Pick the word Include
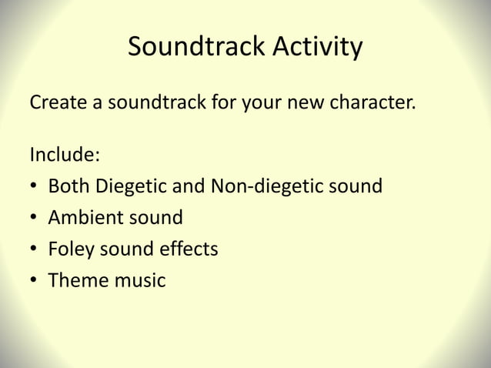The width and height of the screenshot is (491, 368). [x=65, y=154]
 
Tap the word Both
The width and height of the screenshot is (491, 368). [x=69, y=186]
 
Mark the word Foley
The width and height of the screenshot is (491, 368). [x=70, y=249]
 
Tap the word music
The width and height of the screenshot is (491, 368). [x=140, y=281]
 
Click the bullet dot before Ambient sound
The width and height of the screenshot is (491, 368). [x=35, y=219]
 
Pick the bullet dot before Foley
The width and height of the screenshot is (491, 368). [x=35, y=250]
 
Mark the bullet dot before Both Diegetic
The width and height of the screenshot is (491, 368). [x=35, y=187]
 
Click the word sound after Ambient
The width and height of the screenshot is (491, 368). [x=156, y=218]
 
